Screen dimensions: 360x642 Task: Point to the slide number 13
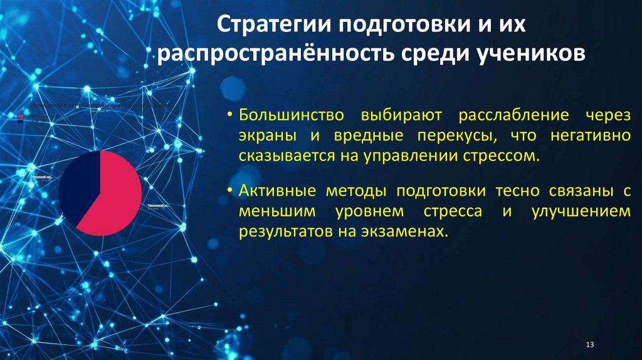pos(589,346)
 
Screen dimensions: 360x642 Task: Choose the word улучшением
pos(580,211)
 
